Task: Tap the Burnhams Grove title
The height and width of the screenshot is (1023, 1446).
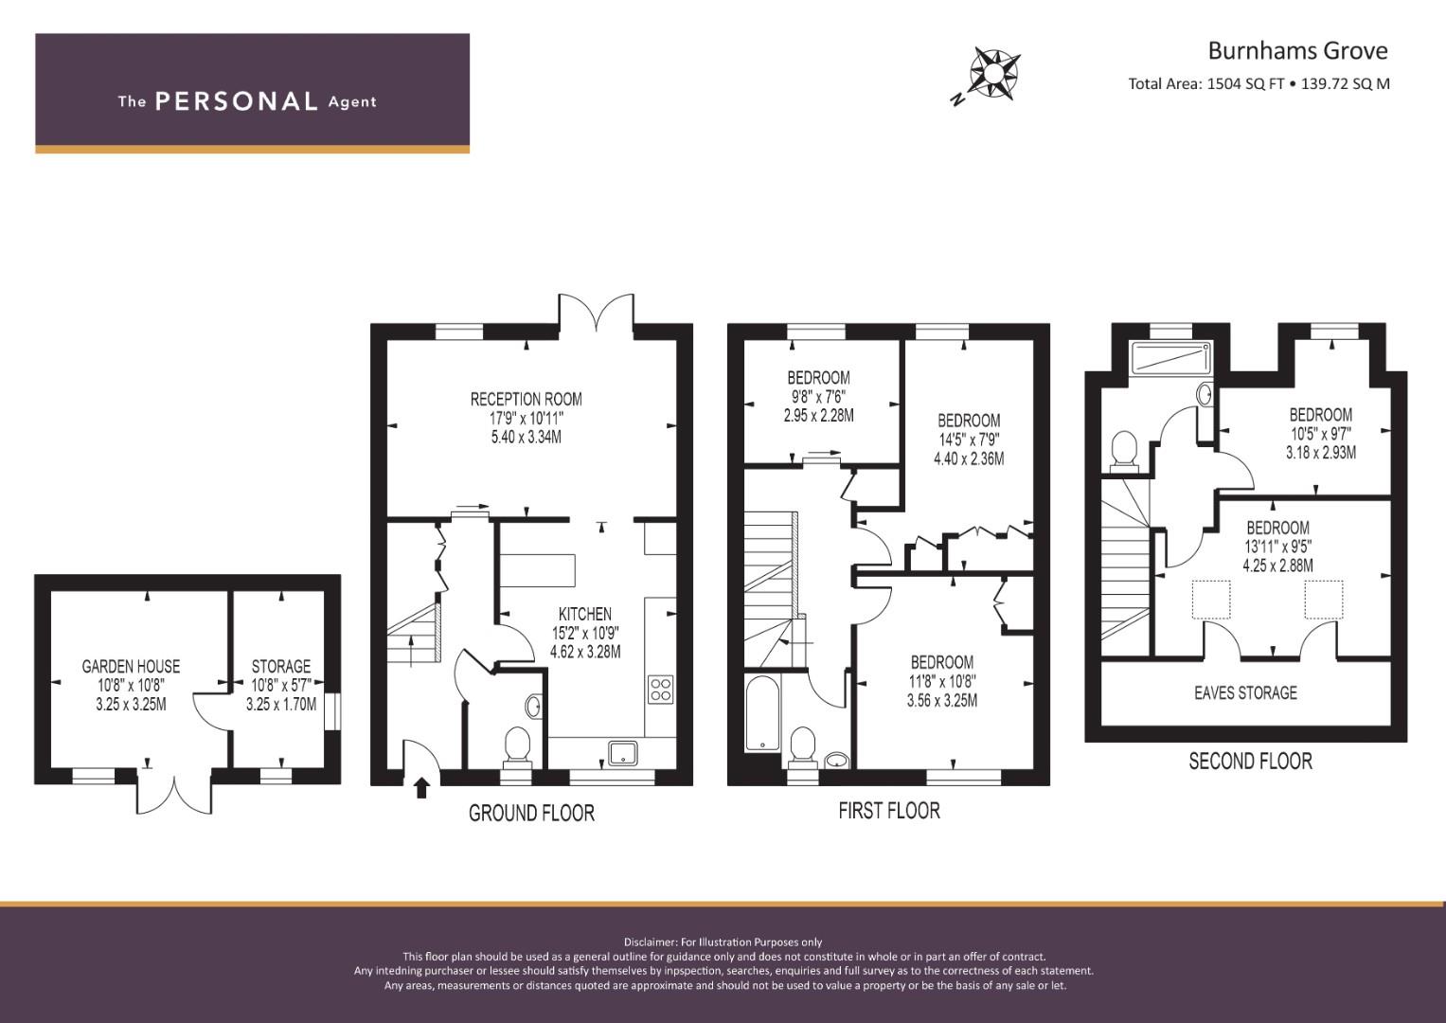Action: [1296, 49]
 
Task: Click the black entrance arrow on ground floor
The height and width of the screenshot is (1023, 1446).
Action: [422, 785]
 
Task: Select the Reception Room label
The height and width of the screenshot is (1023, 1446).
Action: [526, 399]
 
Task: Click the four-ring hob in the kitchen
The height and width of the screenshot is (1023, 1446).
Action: [660, 689]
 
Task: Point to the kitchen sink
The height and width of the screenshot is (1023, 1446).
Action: [622, 752]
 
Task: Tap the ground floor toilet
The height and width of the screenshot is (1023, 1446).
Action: [517, 745]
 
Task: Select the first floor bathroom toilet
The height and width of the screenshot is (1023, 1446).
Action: [801, 745]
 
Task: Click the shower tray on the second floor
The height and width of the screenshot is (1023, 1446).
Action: [1171, 358]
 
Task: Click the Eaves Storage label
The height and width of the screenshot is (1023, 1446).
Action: [1245, 692]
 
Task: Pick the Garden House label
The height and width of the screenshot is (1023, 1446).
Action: [131, 666]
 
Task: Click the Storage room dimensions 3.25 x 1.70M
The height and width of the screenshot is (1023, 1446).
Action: [280, 705]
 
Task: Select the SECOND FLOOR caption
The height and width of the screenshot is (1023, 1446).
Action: [1250, 761]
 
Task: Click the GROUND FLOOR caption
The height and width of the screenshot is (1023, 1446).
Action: [531, 813]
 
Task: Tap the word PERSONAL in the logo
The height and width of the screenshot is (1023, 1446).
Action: [236, 101]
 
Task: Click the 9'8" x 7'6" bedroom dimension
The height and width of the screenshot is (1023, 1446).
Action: [818, 396]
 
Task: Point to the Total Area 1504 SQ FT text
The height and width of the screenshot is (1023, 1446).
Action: [1205, 83]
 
